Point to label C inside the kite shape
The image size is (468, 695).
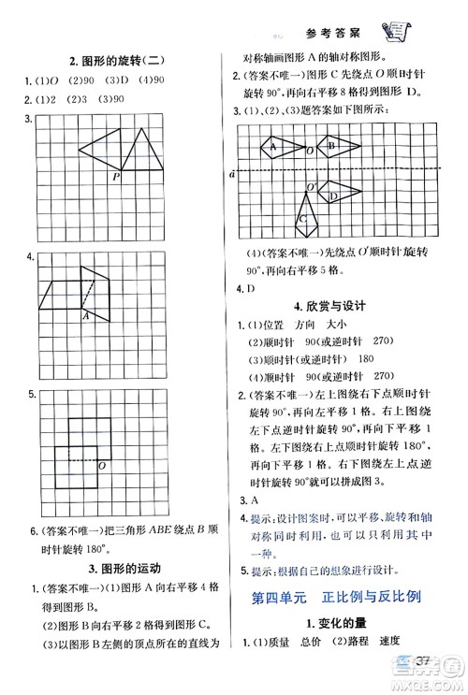tap(303, 220)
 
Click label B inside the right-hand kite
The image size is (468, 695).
tap(329, 146)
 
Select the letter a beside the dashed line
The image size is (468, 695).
tap(231, 173)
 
